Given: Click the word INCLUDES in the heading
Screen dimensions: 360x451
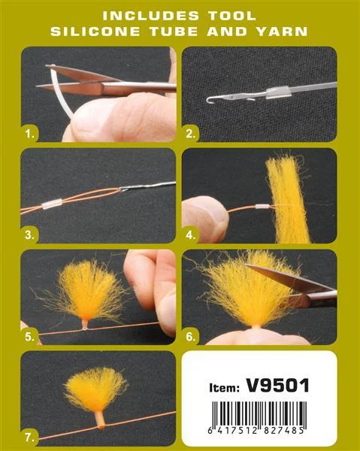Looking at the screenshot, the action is [151, 16].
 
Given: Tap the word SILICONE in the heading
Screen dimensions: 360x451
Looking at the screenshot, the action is [95, 32].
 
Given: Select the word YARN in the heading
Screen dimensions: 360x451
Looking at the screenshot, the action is [282, 32].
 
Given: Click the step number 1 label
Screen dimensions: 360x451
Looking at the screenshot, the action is [30, 134].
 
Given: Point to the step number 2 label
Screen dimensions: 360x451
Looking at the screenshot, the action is [191, 134].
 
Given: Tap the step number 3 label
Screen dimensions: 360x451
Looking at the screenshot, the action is [29, 235].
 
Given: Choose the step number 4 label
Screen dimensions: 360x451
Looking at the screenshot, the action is [191, 235].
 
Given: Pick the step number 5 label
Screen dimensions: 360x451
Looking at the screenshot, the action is [29, 337].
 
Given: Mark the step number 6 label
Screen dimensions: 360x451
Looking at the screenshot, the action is [191, 337].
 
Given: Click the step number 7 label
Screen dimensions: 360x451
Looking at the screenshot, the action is [29, 437].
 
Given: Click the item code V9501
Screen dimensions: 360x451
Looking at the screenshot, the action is [278, 386].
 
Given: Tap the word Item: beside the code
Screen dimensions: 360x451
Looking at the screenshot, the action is [224, 388].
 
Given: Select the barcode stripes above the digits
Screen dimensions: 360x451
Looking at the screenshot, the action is [259, 414].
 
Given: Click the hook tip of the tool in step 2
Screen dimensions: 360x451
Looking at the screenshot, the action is [208, 99].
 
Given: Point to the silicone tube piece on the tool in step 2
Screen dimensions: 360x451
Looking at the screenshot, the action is [278, 92].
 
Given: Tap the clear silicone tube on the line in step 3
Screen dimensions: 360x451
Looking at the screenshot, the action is [52, 204].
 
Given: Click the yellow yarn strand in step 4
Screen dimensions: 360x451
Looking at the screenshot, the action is [288, 198].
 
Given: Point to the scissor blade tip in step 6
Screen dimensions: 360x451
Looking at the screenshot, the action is [247, 265].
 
